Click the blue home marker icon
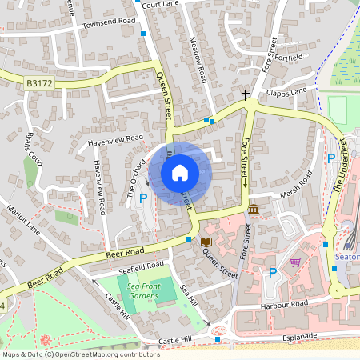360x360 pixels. coord(180,172)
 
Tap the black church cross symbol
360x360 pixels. coord(246,94)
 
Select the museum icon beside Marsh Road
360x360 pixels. coord(254,209)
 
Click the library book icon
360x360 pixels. coord(206,242)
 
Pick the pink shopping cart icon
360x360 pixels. coord(295,262)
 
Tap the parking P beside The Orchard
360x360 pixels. coord(144,197)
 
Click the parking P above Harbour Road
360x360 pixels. coord(272,273)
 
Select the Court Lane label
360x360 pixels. coord(161,4)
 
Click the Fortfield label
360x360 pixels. coord(289,58)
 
